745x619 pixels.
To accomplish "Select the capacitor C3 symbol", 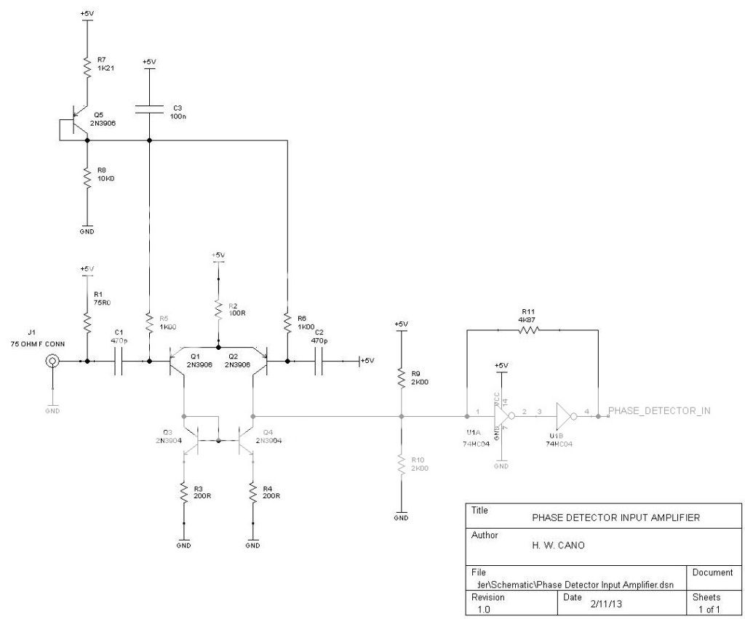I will click(x=148, y=109).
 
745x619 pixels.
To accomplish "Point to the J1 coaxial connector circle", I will click(x=52, y=361).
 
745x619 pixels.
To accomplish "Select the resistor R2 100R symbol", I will click(x=218, y=310).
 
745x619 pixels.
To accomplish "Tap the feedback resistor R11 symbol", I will click(x=529, y=330).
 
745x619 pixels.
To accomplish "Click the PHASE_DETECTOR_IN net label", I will click(x=658, y=411).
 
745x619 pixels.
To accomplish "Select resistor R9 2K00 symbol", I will click(x=401, y=375).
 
